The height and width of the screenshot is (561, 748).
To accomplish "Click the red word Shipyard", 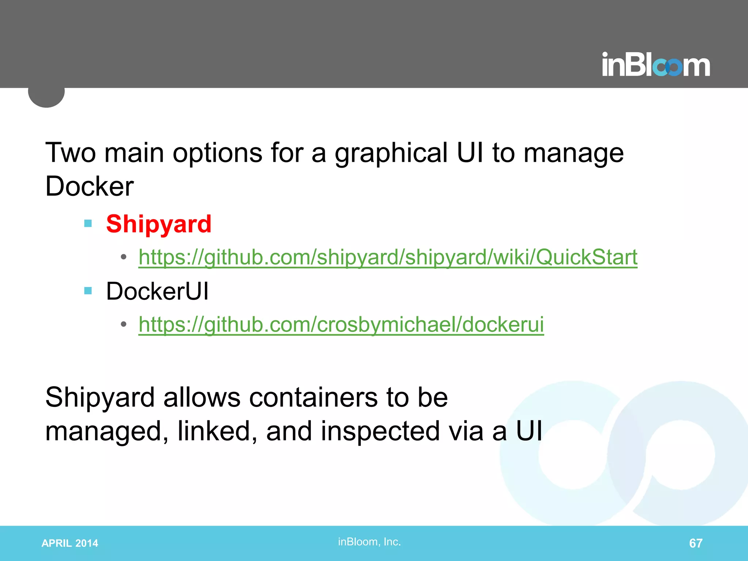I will coord(159,224).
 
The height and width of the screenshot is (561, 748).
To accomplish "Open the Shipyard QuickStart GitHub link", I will coord(388,257).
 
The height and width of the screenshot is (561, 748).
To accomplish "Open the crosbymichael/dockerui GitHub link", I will coord(341,324).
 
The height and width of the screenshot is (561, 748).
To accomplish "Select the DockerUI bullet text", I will coord(157,291).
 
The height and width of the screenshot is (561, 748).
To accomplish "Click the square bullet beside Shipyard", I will coord(88,223).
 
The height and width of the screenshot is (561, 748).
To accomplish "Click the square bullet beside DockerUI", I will coord(88,291).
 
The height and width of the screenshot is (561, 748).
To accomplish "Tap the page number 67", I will coord(695,543).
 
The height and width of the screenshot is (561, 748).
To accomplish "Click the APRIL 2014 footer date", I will coord(70,543).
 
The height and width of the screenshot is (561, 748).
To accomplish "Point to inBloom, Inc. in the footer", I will coord(369,542).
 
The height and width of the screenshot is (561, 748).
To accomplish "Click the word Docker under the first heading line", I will coord(89,186).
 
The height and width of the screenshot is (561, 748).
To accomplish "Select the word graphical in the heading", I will coord(391,153).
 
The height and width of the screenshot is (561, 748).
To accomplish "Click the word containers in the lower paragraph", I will coord(313,397).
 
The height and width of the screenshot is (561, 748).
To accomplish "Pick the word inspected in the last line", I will coord(380,431).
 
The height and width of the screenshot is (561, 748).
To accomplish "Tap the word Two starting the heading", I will coord(70,153).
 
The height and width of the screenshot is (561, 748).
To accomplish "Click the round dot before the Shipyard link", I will coord(124,257).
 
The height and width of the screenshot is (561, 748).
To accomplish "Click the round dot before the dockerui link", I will coord(124,324).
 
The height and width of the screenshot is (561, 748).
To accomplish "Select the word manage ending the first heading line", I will coord(573,153).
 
